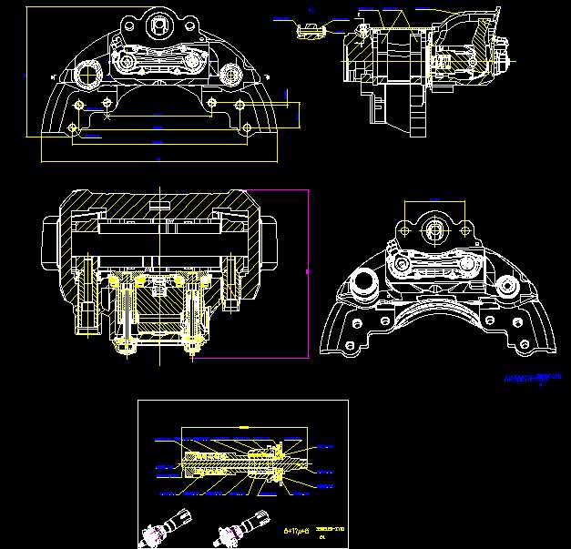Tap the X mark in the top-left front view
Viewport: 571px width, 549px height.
108,117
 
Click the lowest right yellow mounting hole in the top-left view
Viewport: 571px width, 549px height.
247,127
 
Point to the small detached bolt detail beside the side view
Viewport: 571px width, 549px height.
311,30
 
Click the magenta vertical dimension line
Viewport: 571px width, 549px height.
308,273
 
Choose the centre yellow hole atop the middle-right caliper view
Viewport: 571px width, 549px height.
433,230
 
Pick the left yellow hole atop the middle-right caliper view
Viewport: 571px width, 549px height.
401,230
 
